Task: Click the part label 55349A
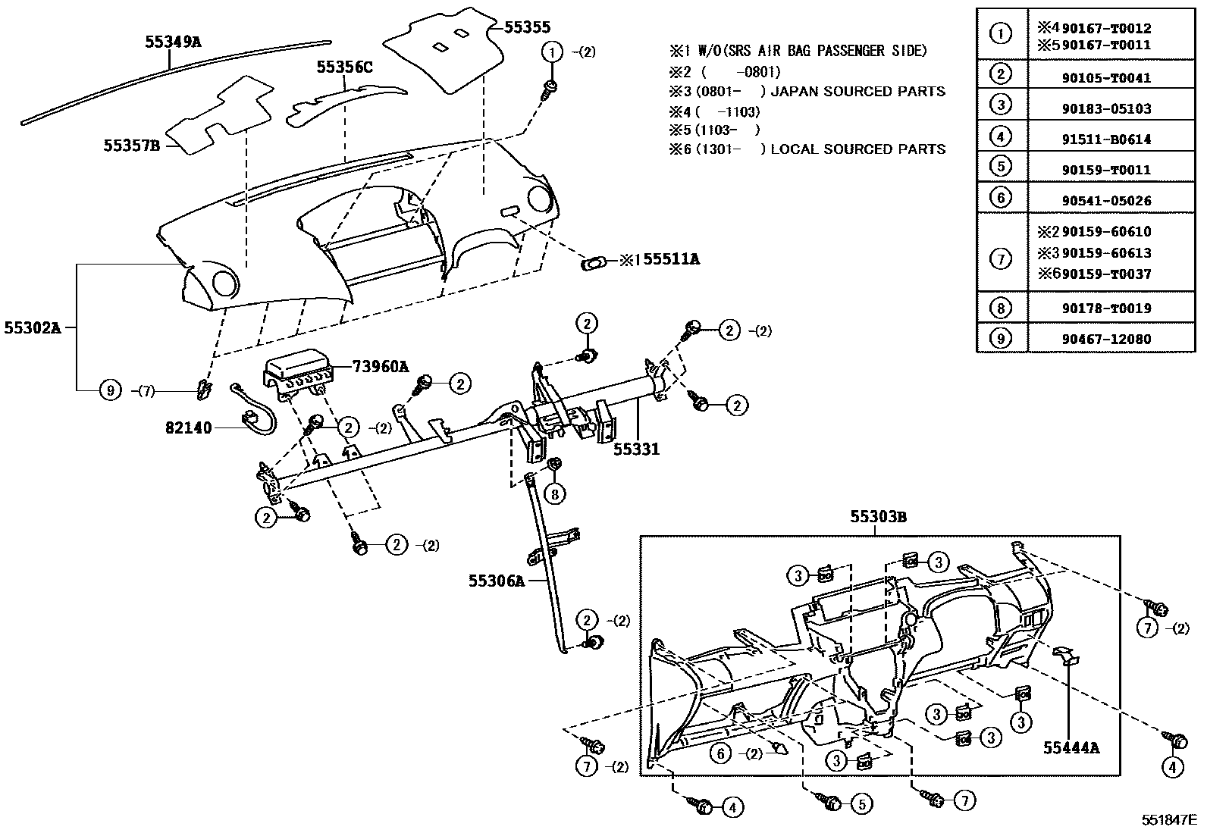click(173, 42)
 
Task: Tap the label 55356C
click(344, 67)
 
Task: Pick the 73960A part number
click(381, 367)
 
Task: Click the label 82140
click(189, 427)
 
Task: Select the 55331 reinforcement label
click(636, 449)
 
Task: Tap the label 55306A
click(496, 581)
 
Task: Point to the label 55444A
click(1071, 747)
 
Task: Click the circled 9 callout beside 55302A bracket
click(111, 390)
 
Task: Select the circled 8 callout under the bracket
click(555, 493)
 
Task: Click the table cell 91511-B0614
click(1106, 139)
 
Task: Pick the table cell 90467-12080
click(1106, 339)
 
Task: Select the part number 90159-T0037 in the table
click(1106, 274)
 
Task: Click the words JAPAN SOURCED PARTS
click(857, 92)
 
